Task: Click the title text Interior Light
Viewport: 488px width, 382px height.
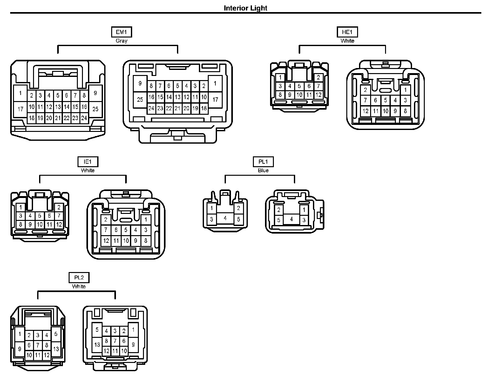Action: (x=245, y=8)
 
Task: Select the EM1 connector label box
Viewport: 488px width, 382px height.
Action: (x=121, y=32)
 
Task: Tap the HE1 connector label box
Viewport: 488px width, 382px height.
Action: (x=347, y=32)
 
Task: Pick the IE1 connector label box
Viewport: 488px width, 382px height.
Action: (x=88, y=162)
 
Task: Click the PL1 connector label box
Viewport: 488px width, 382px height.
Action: (x=263, y=162)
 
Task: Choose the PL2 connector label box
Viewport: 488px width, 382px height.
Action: (x=79, y=277)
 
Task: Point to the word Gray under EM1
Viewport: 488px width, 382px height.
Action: (x=121, y=41)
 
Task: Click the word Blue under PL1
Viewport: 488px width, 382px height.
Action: (x=263, y=170)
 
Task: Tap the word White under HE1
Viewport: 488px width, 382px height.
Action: (x=347, y=41)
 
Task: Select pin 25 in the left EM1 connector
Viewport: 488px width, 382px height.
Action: (x=95, y=109)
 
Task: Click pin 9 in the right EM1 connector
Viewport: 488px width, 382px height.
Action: (x=140, y=84)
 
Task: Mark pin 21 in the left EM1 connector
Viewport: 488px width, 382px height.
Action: (x=58, y=118)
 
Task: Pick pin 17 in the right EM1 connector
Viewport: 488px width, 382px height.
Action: (x=215, y=99)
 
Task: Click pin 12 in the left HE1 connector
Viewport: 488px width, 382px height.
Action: (x=318, y=95)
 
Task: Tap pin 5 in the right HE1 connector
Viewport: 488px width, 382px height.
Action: (x=385, y=100)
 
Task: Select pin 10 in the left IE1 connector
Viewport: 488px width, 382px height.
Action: (x=40, y=224)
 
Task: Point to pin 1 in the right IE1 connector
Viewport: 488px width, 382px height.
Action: (x=146, y=219)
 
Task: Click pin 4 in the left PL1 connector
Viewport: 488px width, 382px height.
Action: (x=225, y=218)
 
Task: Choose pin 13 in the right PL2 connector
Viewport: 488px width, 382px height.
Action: (x=97, y=344)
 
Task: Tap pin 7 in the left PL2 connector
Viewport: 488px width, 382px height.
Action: (x=38, y=345)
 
